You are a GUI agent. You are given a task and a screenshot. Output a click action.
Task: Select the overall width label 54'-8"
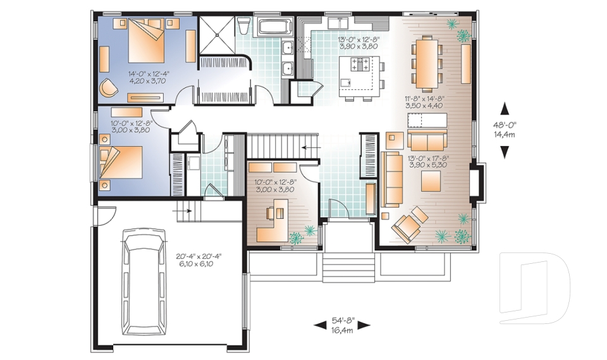(342, 321)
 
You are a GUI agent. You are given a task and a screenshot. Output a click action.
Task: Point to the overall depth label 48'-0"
(505, 125)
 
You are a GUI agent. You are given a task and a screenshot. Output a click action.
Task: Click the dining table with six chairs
(427, 63)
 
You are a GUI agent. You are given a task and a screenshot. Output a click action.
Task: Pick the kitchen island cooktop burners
(360, 64)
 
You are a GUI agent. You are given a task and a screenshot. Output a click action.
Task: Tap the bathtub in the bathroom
(274, 27)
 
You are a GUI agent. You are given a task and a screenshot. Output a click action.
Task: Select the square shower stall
(216, 35)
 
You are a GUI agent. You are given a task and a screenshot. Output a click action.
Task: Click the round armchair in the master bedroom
(108, 87)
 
